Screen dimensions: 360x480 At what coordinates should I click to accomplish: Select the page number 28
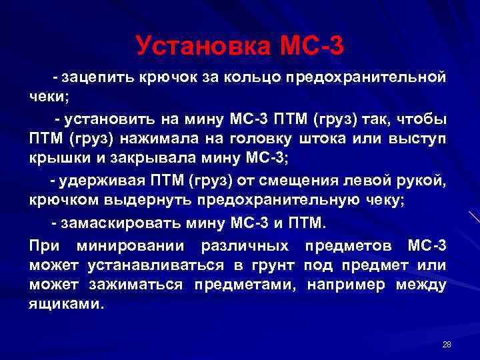tap(447, 344)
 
